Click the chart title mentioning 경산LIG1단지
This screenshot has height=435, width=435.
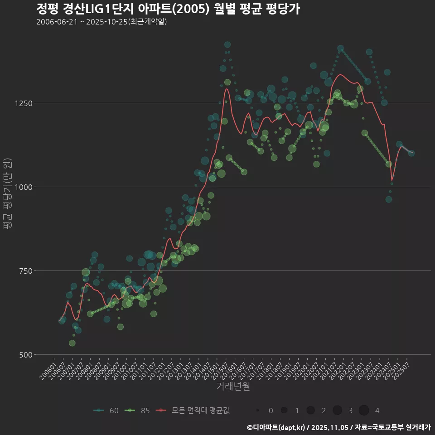pyautogui.click(x=168, y=9)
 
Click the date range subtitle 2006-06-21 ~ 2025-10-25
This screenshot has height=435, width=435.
pyautogui.click(x=101, y=22)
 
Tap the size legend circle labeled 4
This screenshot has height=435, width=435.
pyautogui.click(x=364, y=411)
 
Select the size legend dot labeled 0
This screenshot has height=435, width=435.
pyautogui.click(x=257, y=411)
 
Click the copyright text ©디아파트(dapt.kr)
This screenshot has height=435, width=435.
pyautogui.click(x=276, y=427)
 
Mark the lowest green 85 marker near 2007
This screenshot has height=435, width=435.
pyautogui.click(x=72, y=343)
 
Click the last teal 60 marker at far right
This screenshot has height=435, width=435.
pyautogui.click(x=411, y=153)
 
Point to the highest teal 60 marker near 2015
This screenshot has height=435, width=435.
pyautogui.click(x=227, y=44)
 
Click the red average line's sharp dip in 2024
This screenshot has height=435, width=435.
pyautogui.click(x=392, y=181)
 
